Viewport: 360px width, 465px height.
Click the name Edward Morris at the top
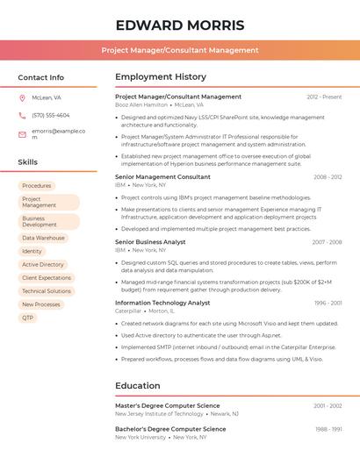coord(179,25)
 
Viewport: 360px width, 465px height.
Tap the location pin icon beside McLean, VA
coord(22,97)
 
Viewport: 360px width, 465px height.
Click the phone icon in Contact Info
coord(22,115)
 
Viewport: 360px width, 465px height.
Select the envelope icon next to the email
coord(22,134)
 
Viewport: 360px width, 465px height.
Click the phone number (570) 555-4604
coord(50,115)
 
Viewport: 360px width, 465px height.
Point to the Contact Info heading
coord(40,77)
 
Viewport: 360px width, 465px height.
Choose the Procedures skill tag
coord(37,186)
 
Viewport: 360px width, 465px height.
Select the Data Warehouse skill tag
coord(44,238)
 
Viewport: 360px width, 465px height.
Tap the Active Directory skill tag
coord(43,264)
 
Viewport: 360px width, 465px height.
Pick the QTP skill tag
coord(28,318)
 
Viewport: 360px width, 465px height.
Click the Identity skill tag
coord(32,251)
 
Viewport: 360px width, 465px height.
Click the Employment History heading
coord(161,77)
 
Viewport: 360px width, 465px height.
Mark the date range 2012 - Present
coord(324,97)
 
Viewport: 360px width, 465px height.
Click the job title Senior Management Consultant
coord(162,177)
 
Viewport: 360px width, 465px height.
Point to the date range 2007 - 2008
coord(327,242)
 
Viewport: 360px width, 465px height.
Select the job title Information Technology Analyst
coord(162,303)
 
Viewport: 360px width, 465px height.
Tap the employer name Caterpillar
coord(128,311)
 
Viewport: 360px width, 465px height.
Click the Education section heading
coord(138,386)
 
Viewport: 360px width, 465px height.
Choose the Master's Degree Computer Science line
coord(168,406)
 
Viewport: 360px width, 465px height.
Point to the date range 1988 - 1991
coord(328,429)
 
